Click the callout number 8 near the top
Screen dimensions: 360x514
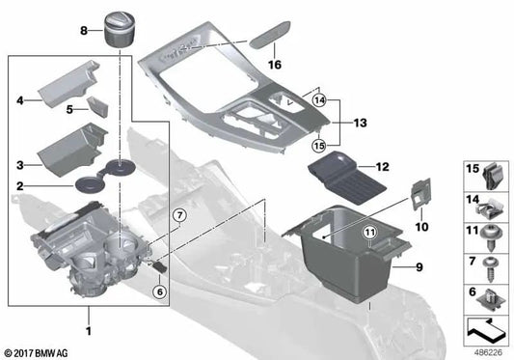tap(85, 32)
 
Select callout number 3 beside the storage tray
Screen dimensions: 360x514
tap(20, 165)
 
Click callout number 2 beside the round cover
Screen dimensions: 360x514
tap(20, 185)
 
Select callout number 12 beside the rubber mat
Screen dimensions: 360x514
tap(382, 166)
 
